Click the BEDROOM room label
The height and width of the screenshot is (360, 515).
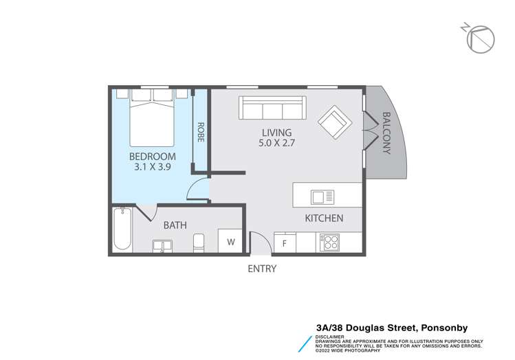coord(153,156)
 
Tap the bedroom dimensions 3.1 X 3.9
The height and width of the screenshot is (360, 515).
coord(153,166)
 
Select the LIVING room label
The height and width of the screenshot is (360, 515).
coord(277,133)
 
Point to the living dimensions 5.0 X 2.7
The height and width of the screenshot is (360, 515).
coord(277,144)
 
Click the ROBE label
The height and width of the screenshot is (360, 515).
coord(201,131)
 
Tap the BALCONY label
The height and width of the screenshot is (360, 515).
coord(386,133)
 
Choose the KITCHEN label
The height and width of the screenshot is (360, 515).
coord(324,218)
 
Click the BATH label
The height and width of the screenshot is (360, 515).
coord(175,225)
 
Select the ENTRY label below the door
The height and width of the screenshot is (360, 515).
coord(261,269)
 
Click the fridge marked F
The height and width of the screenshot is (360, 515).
coord(284,243)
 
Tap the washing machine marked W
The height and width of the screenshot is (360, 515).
coord(230,242)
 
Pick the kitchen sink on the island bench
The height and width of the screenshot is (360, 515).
coord(322,197)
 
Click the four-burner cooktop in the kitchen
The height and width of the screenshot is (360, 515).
coord(329,243)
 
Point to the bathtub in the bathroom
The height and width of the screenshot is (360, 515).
coord(124,229)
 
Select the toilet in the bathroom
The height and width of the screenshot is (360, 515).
coord(199,243)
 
